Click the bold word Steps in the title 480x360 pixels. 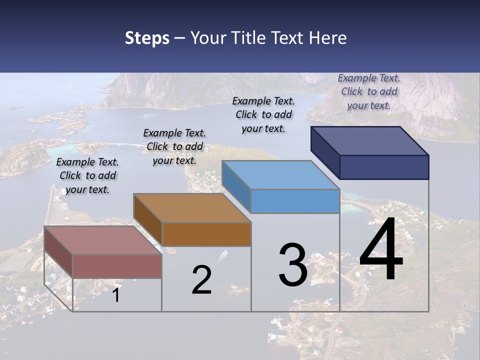coord(147,38)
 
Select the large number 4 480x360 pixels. coord(381,249)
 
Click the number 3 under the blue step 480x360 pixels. coord(293,265)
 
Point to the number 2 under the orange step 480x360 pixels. coord(201,280)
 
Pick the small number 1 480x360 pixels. coord(115,295)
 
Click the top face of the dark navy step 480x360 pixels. coord(370,140)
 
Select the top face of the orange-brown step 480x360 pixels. coord(192,208)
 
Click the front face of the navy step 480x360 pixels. coord(384,167)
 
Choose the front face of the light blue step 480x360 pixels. coord(295,201)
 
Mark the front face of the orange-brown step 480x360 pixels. coord(206,234)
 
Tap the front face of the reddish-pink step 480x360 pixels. coord(117,266)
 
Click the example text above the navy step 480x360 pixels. coord(369,91)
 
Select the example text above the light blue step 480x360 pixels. coord(263,114)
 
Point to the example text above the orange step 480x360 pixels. coord(174,146)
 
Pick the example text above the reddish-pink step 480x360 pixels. coord(87,175)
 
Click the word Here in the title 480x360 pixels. coord(328,38)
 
